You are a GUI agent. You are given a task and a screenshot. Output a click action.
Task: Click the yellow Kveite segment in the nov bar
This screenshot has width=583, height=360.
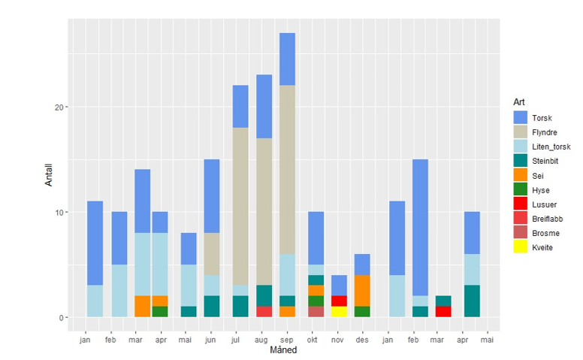point(339,312)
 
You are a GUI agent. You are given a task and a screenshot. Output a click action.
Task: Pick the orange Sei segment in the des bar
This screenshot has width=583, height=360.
point(362,291)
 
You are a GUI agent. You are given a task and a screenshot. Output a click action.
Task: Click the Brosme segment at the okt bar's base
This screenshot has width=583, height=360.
point(316,312)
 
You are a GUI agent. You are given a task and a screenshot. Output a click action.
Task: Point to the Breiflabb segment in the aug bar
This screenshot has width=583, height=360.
point(264,312)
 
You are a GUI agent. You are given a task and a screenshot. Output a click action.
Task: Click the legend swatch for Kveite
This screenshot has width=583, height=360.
point(521,247)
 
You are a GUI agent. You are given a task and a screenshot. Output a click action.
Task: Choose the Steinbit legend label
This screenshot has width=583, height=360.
point(545,161)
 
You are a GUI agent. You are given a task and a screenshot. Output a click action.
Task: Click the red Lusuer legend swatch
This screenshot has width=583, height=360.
point(521,204)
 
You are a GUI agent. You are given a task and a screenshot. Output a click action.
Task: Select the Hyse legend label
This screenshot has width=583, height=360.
point(540,190)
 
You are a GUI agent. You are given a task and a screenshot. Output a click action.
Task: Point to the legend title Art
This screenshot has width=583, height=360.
point(518,101)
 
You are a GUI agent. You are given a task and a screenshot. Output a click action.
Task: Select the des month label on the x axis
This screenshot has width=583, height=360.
point(362,340)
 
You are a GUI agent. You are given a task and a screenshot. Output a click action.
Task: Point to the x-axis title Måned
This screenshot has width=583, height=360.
point(284,350)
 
